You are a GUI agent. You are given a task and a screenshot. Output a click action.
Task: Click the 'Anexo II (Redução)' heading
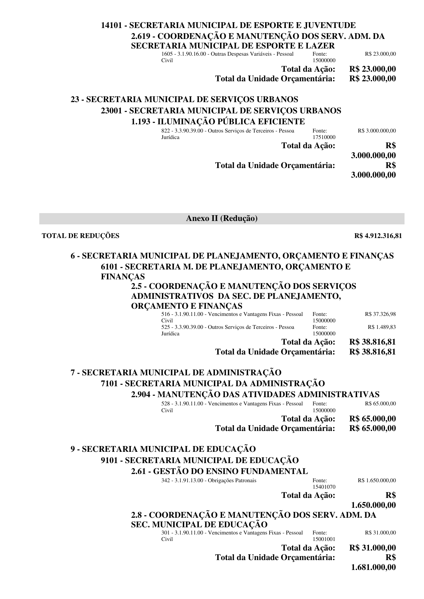[x=222, y=219]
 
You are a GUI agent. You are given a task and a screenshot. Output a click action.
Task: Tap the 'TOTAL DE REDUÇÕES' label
[x=80, y=236]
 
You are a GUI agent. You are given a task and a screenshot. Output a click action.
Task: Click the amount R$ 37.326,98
[x=380, y=314]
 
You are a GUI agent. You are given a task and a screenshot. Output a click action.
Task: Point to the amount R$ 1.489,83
[x=382, y=327]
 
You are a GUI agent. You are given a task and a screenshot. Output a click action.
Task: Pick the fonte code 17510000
[x=324, y=137]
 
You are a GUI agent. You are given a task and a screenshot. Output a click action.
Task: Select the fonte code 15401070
[x=324, y=487]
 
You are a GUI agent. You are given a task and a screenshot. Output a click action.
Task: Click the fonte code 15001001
[x=324, y=539]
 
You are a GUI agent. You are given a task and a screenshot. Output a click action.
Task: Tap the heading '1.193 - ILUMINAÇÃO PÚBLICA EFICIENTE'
[x=218, y=122]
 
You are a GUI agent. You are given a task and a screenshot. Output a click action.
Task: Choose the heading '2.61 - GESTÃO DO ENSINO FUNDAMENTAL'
[x=219, y=472]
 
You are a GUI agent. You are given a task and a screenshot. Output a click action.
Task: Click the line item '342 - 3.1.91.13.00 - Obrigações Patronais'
[x=208, y=480]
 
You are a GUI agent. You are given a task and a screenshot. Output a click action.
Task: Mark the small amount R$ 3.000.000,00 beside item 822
[x=377, y=131]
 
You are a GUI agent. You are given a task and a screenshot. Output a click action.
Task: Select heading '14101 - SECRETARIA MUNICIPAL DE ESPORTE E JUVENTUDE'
[x=228, y=25]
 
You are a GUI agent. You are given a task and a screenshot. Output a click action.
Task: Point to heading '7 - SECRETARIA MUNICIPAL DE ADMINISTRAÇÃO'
[x=176, y=372]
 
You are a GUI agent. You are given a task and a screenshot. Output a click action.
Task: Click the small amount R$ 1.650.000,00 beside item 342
[x=377, y=480]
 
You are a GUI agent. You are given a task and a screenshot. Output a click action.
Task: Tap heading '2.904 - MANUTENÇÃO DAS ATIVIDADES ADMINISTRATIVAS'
[x=255, y=395]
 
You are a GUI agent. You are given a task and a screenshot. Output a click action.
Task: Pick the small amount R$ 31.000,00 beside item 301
[x=380, y=533]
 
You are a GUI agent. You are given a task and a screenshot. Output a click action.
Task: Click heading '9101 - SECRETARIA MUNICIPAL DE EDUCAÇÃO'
[x=200, y=460]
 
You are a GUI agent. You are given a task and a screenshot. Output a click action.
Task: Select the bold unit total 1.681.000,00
[x=373, y=568]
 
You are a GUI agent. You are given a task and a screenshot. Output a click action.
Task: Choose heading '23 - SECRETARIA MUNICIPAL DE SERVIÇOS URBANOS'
[x=184, y=99]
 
